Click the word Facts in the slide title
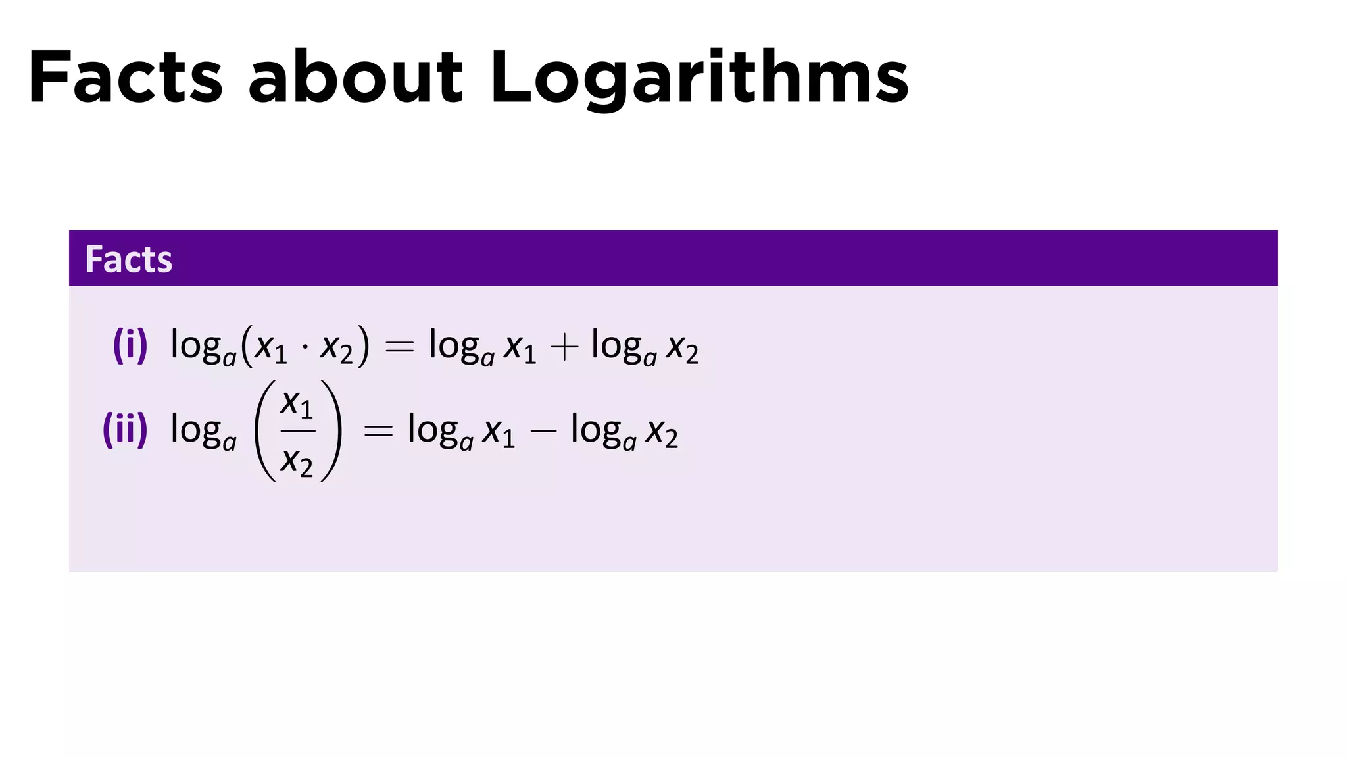[126, 77]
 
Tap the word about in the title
[356, 77]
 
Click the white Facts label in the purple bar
[129, 259]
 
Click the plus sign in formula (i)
[564, 347]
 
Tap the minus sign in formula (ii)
[543, 432]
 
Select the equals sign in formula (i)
[399, 347]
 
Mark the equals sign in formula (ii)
[378, 432]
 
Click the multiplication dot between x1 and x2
[304, 347]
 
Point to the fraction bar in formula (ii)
[298, 431]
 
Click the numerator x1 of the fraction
[297, 403]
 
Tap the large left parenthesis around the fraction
[265, 431]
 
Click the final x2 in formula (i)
[682, 348]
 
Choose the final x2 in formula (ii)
[662, 433]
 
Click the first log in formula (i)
[195, 345]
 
